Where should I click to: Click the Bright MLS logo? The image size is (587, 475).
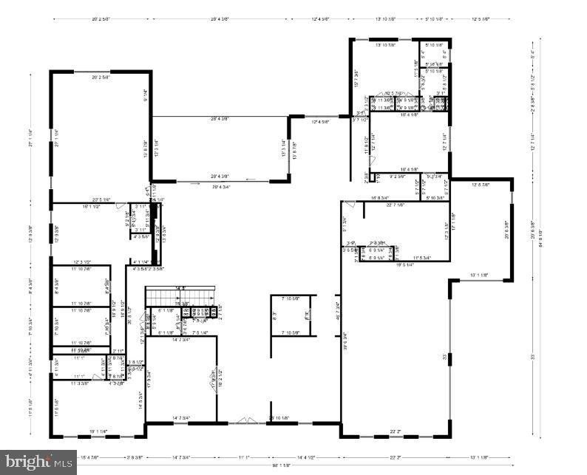point(38,462)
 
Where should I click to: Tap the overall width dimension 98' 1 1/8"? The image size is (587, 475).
point(280,465)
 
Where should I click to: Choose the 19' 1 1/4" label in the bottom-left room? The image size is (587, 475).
point(98,431)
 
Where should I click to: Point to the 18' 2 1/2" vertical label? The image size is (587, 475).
point(220,383)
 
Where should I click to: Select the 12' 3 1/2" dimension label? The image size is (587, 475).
point(81,262)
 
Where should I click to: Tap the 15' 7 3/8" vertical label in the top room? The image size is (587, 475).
point(356,76)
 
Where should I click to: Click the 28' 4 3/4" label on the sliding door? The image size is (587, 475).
point(225,187)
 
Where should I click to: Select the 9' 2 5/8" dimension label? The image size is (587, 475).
point(397,177)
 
